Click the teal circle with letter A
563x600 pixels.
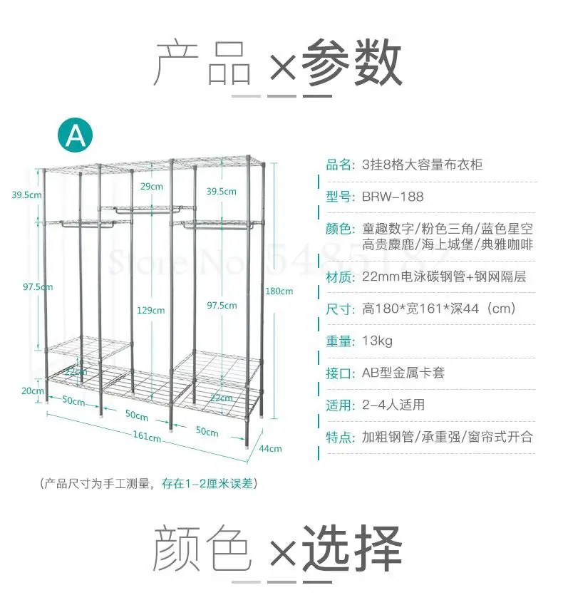(x=75, y=134)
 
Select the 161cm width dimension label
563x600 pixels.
(x=146, y=436)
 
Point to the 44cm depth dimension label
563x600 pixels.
(x=270, y=448)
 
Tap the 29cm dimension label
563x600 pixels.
(x=150, y=187)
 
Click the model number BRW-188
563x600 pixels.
(x=393, y=197)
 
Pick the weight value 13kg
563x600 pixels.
(x=378, y=341)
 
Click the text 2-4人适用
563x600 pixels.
(x=393, y=405)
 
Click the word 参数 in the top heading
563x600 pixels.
(x=351, y=64)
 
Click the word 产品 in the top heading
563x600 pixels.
(x=203, y=64)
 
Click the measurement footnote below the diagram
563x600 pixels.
(x=148, y=484)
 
